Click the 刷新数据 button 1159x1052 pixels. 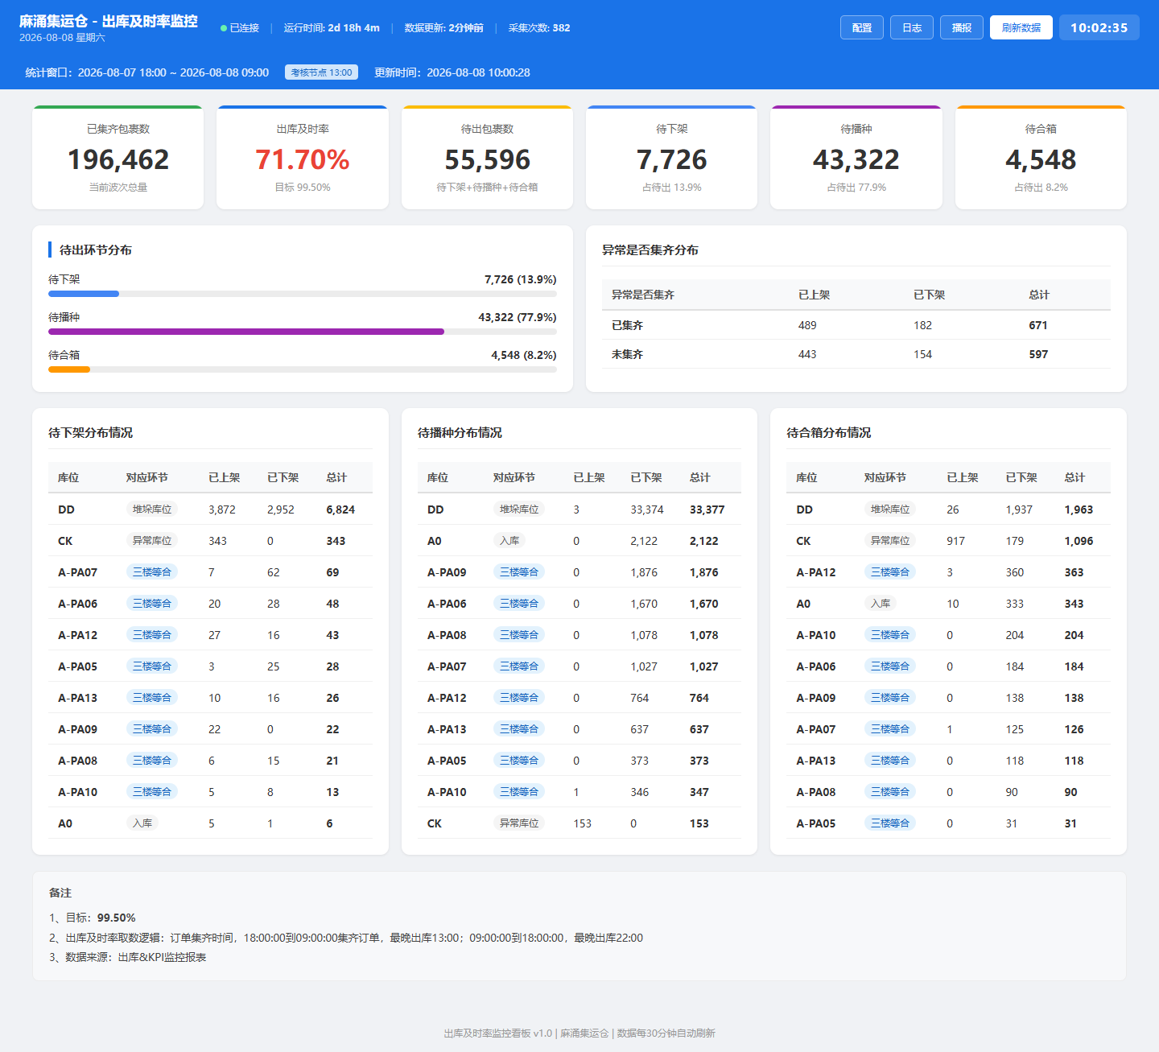click(x=1021, y=27)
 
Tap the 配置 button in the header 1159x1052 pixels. click(x=861, y=27)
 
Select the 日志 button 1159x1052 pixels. click(x=912, y=27)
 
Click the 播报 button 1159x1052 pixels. click(x=961, y=27)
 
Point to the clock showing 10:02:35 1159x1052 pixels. click(x=1099, y=27)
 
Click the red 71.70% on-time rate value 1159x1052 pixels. click(x=302, y=159)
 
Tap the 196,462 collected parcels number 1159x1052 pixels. click(x=118, y=159)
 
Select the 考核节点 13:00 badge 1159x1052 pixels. click(x=321, y=72)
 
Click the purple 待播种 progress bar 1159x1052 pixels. click(x=246, y=332)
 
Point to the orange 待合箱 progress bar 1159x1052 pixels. click(x=69, y=369)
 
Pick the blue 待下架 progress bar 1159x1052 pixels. click(x=84, y=294)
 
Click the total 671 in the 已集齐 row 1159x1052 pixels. click(x=1037, y=325)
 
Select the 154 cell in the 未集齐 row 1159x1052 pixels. click(x=922, y=354)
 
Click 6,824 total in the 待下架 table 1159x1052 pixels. click(x=340, y=509)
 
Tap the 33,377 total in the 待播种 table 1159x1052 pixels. click(x=707, y=509)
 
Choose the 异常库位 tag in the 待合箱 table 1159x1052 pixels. click(x=889, y=540)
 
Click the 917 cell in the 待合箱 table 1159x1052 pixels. click(x=955, y=540)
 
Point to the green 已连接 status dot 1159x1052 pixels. click(x=224, y=27)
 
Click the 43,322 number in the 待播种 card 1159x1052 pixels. click(x=856, y=159)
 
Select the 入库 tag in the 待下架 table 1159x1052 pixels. click(x=142, y=823)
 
